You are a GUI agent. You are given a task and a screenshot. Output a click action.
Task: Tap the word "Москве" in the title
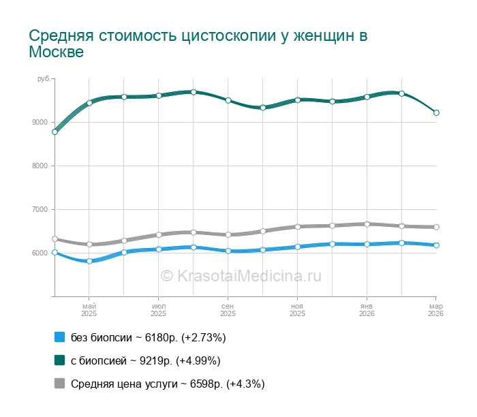(57, 52)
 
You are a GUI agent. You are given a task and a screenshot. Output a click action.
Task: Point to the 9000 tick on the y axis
(41, 123)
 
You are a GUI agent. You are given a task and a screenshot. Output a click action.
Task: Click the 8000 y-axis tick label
(41, 166)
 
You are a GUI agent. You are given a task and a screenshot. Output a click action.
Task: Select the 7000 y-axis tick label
(41, 210)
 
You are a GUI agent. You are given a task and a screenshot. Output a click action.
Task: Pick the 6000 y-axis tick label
(41, 253)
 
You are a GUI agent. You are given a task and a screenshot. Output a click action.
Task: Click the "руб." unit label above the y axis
(44, 80)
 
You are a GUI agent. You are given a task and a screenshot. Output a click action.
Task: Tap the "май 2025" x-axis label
(89, 310)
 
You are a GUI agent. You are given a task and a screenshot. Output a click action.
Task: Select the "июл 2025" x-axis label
(158, 310)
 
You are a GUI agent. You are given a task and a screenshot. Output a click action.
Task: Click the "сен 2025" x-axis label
(228, 310)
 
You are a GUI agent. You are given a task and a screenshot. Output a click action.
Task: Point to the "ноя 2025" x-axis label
(297, 310)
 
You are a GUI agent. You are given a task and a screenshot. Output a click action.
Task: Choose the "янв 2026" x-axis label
(367, 310)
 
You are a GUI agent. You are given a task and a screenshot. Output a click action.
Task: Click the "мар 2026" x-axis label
(435, 310)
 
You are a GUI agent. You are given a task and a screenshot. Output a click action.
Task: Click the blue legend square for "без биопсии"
(59, 337)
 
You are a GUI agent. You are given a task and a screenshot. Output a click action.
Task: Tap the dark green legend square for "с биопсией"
(59, 360)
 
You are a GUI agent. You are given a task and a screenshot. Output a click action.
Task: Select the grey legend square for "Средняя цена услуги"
(59, 384)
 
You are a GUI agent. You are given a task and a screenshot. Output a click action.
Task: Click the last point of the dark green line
(436, 113)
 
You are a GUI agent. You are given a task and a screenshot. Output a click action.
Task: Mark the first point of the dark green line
(55, 132)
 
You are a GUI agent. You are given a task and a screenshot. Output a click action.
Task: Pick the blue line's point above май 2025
(89, 261)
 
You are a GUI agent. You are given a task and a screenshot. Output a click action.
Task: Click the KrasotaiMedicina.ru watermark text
(241, 276)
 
